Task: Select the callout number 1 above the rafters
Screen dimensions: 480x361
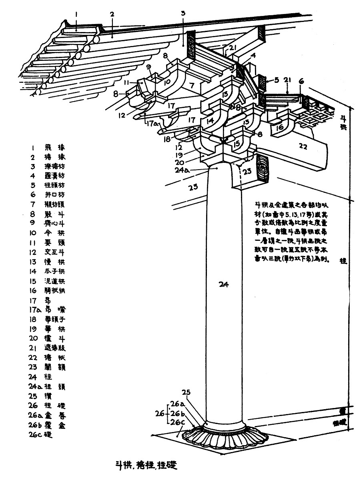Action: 76,15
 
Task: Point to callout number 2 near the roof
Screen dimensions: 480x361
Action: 112,15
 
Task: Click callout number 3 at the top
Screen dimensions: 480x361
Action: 183,14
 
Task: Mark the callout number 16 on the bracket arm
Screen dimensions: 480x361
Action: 280,127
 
